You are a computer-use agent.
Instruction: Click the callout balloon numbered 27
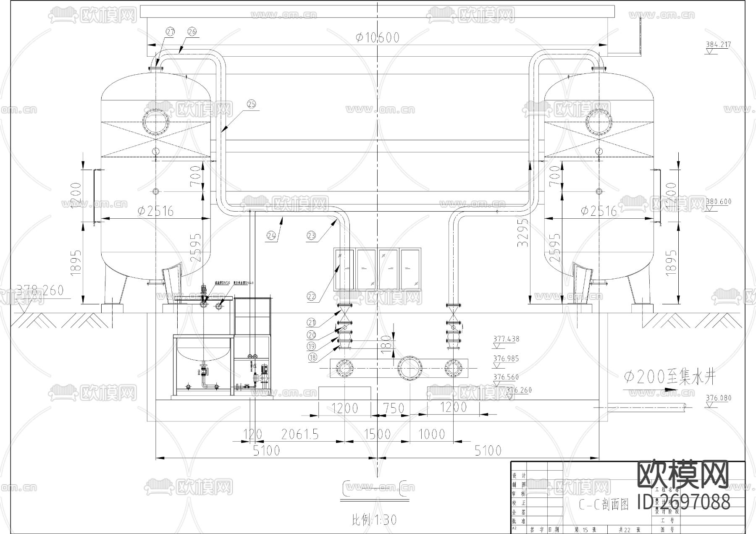point(170,32)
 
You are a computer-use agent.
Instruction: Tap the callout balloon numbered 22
point(311,296)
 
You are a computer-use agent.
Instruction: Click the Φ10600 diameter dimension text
point(377,38)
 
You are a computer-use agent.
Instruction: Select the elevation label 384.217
point(718,44)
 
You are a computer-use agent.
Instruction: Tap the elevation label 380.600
point(719,202)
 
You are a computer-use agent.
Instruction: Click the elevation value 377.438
point(506,338)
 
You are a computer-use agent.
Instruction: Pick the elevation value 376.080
point(719,398)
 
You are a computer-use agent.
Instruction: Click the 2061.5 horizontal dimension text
point(299,434)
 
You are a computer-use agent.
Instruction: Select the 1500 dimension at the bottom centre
point(377,434)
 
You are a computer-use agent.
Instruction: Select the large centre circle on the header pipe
point(410,368)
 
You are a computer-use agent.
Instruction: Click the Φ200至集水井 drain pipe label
point(669,378)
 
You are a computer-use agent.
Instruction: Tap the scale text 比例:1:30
point(374,520)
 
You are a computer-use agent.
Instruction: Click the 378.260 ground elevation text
point(40,290)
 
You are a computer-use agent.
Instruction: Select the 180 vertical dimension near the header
point(387,342)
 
